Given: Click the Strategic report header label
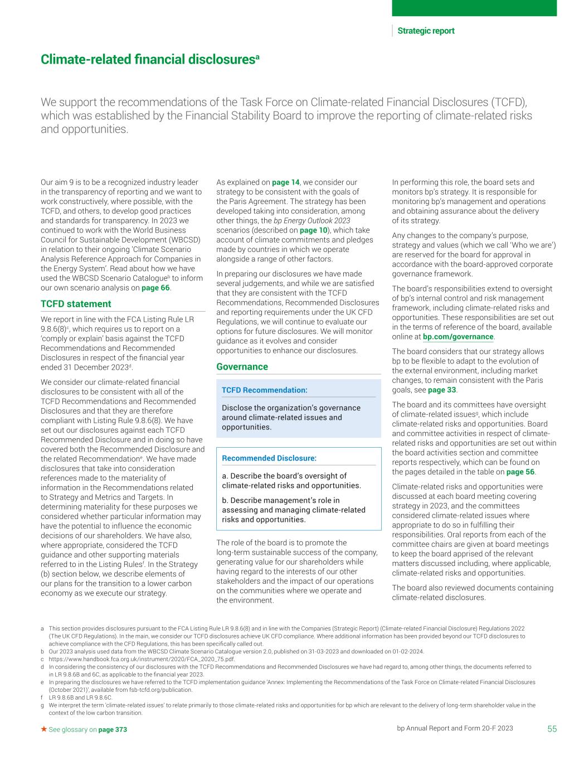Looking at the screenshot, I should tap(426, 31).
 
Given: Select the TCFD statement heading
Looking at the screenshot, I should tap(76, 304).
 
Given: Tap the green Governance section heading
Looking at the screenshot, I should tap(242, 367).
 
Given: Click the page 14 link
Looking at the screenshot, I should tap(285, 182).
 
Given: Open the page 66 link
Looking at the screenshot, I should tap(155, 288).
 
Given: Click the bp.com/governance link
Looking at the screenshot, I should tap(458, 337).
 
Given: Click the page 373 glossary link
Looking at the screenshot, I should tap(113, 730).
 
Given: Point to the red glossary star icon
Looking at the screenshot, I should tap(44, 729).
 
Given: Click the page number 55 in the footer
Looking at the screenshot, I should tap(551, 729).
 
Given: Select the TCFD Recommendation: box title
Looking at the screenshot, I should tap(264, 390).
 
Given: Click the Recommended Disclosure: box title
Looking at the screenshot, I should tap(269, 458).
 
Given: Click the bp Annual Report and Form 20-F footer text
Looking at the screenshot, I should tap(455, 729).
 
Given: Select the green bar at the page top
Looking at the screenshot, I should tap(474, 8).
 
